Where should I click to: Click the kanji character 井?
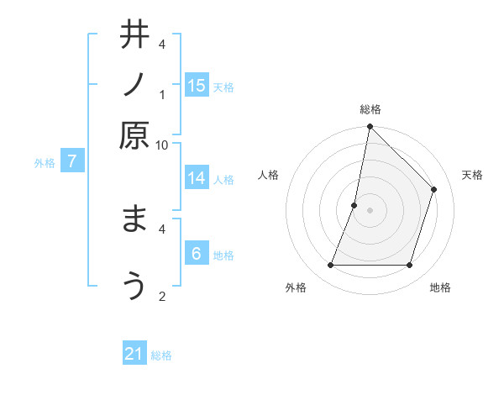point(134,35)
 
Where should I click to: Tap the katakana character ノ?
point(134,85)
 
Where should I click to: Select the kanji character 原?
point(134,135)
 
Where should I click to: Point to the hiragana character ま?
point(134,220)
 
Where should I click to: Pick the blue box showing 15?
point(197,85)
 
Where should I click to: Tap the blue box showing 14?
point(197,177)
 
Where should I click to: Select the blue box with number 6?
point(197,253)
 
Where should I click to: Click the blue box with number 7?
point(73,161)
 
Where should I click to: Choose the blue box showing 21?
point(134,354)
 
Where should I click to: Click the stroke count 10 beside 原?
point(161,145)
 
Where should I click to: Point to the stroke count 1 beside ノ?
point(162,94)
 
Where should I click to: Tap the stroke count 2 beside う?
point(162,296)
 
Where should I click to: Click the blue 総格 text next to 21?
point(161,355)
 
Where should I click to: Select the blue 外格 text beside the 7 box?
point(45,163)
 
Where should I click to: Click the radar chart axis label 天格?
point(472,175)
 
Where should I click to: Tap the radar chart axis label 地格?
point(440,287)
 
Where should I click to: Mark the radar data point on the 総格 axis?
point(370,126)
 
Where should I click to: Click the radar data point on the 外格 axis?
point(331,266)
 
